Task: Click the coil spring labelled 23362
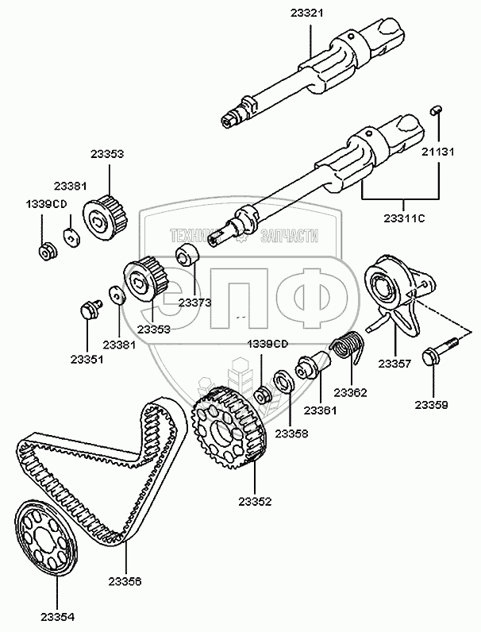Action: click(346, 347)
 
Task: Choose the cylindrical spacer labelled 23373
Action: click(188, 256)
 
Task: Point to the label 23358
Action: click(291, 434)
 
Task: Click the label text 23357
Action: click(394, 364)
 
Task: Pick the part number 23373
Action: click(194, 302)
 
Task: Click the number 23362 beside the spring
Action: click(349, 391)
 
